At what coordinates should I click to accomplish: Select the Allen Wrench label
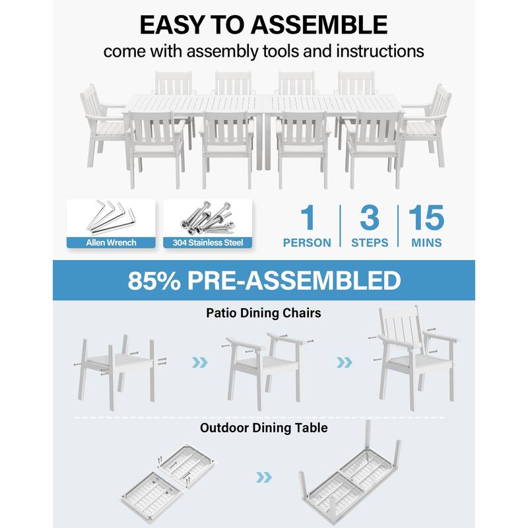click(110, 242)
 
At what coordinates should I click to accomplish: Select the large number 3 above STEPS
click(369, 219)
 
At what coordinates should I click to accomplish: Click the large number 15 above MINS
click(426, 219)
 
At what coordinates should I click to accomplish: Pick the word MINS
click(426, 243)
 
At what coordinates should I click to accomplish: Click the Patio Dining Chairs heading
click(263, 313)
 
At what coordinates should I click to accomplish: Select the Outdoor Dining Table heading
click(263, 428)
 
